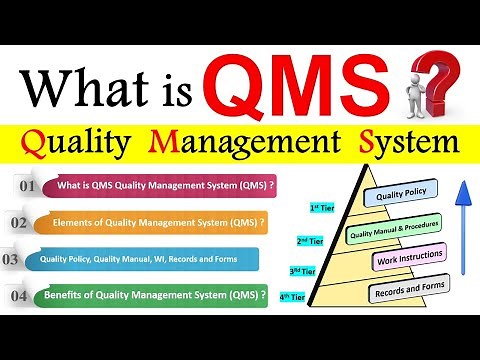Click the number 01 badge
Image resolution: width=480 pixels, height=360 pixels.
point(27,186)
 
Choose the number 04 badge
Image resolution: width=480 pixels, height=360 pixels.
point(19,295)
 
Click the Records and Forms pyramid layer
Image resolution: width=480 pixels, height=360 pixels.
point(407,292)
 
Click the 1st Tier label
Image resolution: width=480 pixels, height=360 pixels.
point(322,207)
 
